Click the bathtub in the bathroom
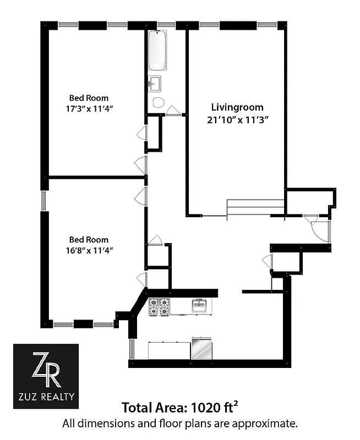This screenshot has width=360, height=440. pyautogui.click(x=160, y=50)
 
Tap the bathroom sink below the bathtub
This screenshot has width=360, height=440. pyautogui.click(x=155, y=84)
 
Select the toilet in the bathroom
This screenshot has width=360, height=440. pyautogui.click(x=159, y=102)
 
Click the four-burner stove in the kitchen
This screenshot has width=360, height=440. pyautogui.click(x=159, y=306)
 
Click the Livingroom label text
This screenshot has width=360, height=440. pyautogui.click(x=237, y=107)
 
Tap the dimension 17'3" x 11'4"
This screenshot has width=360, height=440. pyautogui.click(x=89, y=109)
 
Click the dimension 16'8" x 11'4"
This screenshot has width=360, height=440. pyautogui.click(x=89, y=250)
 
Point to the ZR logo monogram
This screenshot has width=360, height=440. pyautogui.click(x=46, y=370)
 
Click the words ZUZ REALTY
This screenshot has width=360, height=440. pyautogui.click(x=46, y=396)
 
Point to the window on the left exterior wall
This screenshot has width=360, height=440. pyautogui.click(x=44, y=200)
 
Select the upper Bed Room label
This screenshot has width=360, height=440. pyautogui.click(x=89, y=98)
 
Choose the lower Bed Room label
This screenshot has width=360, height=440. pyautogui.click(x=89, y=240)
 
